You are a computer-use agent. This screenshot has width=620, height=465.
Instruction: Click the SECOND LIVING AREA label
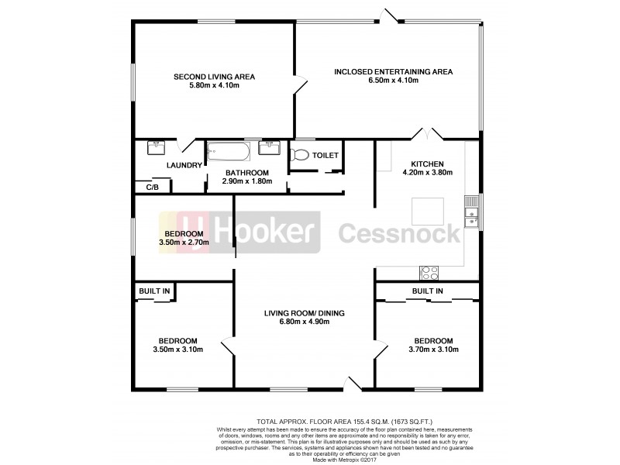pyautogui.click(x=215, y=77)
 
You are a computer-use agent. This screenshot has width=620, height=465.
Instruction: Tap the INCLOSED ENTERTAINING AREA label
pyautogui.click(x=393, y=72)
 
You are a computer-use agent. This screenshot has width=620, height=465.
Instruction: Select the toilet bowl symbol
pyautogui.click(x=300, y=155)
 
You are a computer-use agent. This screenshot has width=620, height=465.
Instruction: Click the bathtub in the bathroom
pyautogui.click(x=229, y=150)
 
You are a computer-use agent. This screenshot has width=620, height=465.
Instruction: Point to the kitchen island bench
pyautogui.click(x=427, y=211)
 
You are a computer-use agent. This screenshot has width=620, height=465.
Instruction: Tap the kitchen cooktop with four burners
pyautogui.click(x=429, y=272)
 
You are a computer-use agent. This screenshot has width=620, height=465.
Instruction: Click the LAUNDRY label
pyautogui.click(x=184, y=165)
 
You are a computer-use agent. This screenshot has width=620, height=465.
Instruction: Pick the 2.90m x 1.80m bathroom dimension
pyautogui.click(x=246, y=181)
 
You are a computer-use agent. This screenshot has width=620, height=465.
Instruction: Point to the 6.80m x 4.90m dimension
pyautogui.click(x=304, y=322)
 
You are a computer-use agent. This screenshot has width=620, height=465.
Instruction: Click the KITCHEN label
pyautogui.click(x=427, y=164)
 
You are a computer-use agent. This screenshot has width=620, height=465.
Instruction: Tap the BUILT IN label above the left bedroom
pyautogui.click(x=153, y=291)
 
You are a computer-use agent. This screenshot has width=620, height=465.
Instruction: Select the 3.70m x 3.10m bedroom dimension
pyautogui.click(x=432, y=350)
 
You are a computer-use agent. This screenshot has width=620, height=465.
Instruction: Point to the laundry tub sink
pyautogui.click(x=158, y=146)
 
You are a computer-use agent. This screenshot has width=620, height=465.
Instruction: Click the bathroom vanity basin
pyautogui.click(x=270, y=146)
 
